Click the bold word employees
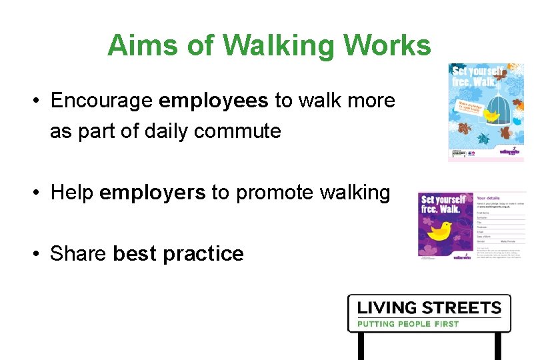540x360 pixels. [213, 101]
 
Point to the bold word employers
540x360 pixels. [152, 193]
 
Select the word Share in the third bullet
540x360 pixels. [78, 254]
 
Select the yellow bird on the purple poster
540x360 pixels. [441, 231]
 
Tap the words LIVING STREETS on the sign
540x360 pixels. [429, 308]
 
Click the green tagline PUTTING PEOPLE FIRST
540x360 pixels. [408, 324]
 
